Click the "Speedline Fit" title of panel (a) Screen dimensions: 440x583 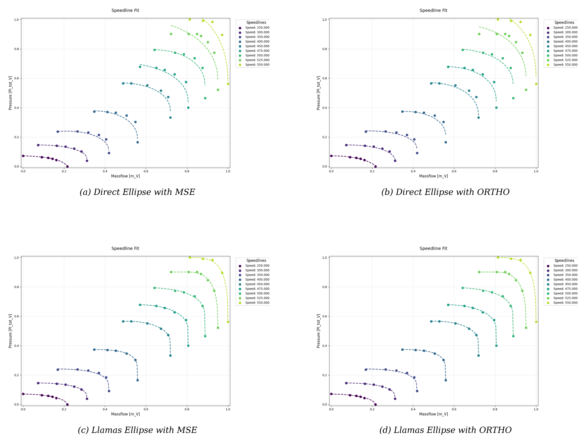click(125, 10)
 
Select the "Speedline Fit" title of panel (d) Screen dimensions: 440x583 click(433, 248)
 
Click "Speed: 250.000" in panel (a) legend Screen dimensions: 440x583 click(257, 28)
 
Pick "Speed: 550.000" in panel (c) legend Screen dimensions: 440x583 click(257, 303)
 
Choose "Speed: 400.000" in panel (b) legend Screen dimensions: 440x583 click(565, 41)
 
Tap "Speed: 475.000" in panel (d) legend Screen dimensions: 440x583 click(565, 289)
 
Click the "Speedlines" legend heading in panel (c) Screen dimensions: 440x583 click(256, 261)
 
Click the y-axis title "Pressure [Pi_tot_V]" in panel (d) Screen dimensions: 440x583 click(318, 331)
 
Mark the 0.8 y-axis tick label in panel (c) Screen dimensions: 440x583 click(16, 287)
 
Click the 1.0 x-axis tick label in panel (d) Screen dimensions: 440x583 click(536, 409)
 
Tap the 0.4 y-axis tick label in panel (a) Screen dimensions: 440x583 click(16, 108)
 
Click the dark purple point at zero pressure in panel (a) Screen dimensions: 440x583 click(67, 167)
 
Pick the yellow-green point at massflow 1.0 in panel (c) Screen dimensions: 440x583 click(228, 322)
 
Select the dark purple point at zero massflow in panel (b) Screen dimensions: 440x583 click(331, 156)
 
